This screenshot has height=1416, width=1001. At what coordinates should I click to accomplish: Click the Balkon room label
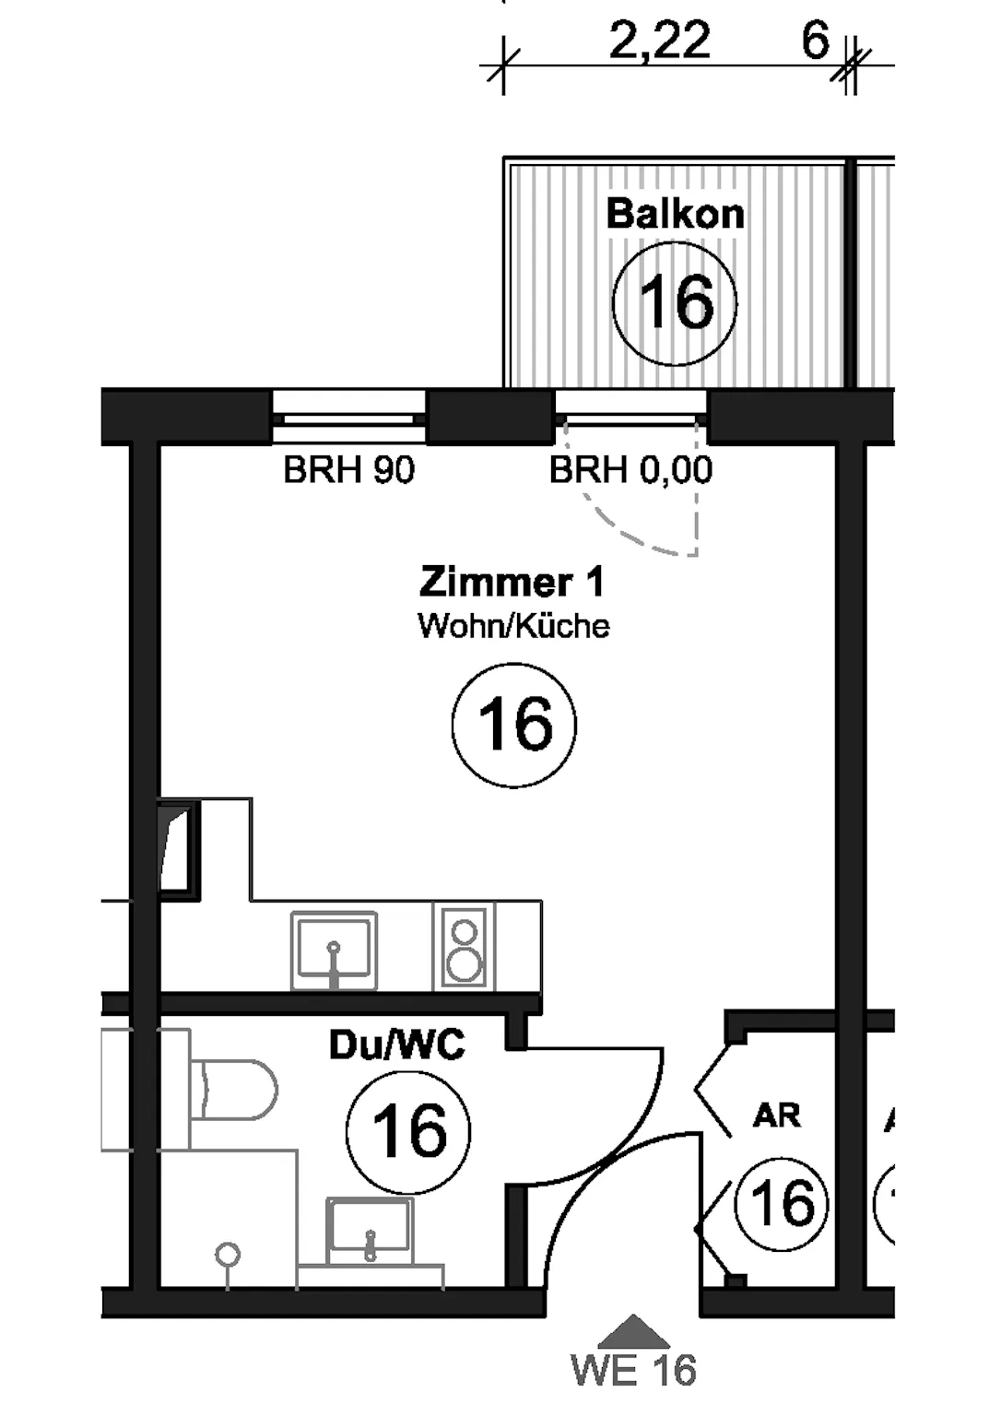tap(675, 214)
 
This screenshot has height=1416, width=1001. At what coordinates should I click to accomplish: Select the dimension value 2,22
tap(660, 40)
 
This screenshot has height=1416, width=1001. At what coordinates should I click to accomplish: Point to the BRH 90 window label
tap(348, 469)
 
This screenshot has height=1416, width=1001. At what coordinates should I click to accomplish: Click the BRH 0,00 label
tap(630, 469)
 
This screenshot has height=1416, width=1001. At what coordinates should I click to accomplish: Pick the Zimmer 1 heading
tap(512, 583)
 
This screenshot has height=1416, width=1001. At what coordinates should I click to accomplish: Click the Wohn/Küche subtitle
tap(513, 626)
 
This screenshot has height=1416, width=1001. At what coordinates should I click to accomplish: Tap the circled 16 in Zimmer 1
tap(514, 726)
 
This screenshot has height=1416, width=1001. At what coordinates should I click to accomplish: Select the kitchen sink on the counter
tap(334, 950)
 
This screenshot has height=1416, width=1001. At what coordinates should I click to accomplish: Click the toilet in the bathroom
tap(232, 1089)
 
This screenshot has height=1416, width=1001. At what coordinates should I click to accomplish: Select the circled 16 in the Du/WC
tap(408, 1132)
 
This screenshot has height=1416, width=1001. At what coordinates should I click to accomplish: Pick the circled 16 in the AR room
tap(781, 1205)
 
